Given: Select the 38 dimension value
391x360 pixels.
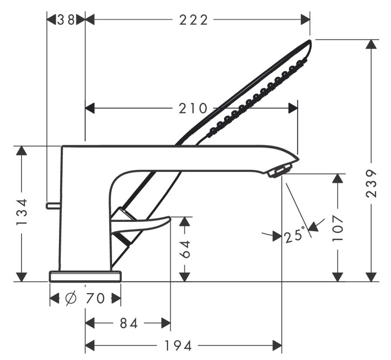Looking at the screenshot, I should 67,20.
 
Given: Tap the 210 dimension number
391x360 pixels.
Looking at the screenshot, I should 193,108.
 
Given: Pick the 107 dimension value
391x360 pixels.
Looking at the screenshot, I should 337,227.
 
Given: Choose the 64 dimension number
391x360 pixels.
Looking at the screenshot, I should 185,248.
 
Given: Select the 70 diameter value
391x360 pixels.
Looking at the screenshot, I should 95,299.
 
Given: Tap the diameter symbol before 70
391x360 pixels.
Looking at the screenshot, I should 71,299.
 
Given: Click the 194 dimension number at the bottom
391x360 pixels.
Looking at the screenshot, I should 178,345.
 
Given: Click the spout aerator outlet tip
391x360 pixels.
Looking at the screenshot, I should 279,171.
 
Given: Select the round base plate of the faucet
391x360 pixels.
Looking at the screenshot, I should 86,276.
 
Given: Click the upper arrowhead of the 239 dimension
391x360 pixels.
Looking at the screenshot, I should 372,45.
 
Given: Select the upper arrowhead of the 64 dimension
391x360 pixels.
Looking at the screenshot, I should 185,221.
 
